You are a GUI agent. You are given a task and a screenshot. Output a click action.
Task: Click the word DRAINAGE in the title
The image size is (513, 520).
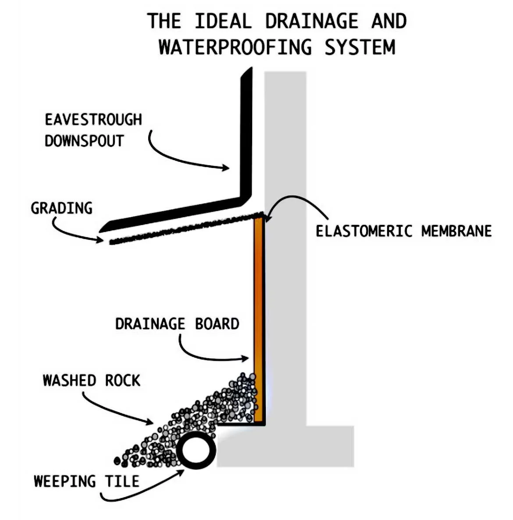tap(311, 21)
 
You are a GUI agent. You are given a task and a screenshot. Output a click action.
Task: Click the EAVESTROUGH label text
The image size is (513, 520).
tap(93, 120)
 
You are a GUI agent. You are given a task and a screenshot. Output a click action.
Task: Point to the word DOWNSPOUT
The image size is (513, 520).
tap(84, 141)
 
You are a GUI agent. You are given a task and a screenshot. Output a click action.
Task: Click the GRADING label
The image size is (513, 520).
tap(62, 208)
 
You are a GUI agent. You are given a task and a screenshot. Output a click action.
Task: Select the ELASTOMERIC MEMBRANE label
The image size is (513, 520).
tap(403, 231)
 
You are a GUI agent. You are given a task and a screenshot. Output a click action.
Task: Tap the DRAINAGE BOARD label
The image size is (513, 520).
tap(177, 324)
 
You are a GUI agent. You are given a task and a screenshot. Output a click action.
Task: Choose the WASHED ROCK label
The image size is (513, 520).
tap(92, 380)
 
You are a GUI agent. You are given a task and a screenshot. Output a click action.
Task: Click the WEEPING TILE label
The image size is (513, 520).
tap(86, 481)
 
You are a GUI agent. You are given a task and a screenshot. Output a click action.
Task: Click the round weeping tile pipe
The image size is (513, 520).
tap(196, 452)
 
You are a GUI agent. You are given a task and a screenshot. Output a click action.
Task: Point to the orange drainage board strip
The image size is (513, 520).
tap(258, 307)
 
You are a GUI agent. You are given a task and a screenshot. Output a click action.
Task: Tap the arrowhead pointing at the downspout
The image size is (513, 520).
tap(226, 167)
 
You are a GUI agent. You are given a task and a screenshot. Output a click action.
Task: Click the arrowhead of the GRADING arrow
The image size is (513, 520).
tap(101, 239)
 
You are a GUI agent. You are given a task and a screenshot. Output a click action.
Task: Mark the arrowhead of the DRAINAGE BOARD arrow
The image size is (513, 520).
tap(246, 359)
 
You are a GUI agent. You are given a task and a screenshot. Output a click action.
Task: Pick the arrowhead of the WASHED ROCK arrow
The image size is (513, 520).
tap(150, 423)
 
